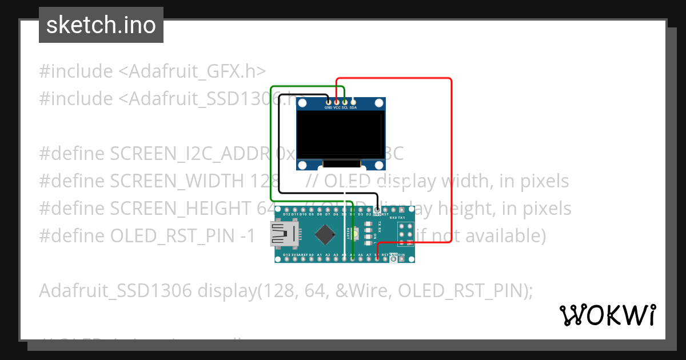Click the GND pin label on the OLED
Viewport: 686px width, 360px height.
click(x=328, y=107)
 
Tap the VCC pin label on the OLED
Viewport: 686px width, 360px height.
click(x=337, y=107)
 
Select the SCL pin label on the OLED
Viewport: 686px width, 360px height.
click(x=345, y=107)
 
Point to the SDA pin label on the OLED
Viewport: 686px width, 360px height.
click(x=353, y=107)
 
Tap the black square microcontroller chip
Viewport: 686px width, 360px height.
click(x=325, y=234)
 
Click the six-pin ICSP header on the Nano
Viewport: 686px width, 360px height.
click(x=406, y=234)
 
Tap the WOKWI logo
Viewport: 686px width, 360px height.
click(x=607, y=315)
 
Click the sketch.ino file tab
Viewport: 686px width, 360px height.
click(x=101, y=25)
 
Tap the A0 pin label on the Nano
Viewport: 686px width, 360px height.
click(x=311, y=255)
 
